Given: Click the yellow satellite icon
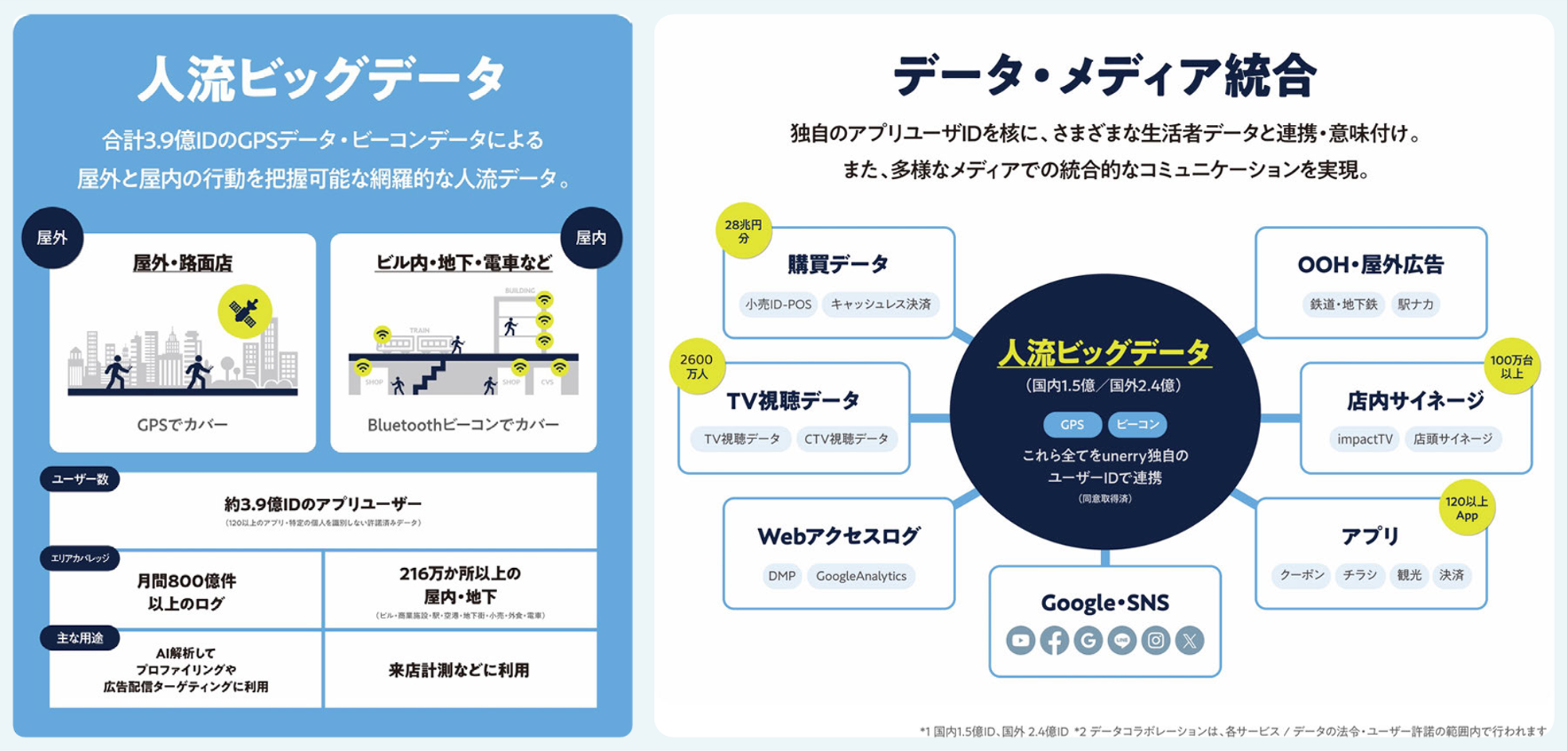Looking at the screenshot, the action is [245, 312].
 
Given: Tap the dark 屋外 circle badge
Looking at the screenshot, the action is [52, 238].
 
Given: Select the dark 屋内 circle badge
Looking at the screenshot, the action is [591, 238].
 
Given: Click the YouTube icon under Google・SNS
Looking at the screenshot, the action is [1021, 640].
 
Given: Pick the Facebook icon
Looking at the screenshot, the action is [1054, 640].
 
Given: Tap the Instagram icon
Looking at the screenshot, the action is [1156, 640].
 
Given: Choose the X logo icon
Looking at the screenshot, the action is [1190, 640].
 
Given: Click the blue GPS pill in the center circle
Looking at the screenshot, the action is [1072, 425].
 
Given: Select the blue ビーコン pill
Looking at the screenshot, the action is [1137, 425].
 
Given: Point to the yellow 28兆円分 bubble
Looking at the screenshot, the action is [744, 231].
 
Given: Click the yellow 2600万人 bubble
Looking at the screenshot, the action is [697, 366].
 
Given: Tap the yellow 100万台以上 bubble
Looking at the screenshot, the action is [1511, 367].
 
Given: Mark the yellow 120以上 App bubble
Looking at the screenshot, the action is [1467, 508].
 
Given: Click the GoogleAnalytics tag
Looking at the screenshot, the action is [861, 576].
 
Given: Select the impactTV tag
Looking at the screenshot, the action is [1364, 439].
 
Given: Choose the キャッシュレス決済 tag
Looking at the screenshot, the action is [881, 305].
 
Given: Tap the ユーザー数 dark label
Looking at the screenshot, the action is [80, 479].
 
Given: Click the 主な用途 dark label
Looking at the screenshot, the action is [80, 638].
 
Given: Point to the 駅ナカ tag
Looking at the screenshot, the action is [1415, 305].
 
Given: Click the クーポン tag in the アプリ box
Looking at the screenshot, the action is [1301, 575].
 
